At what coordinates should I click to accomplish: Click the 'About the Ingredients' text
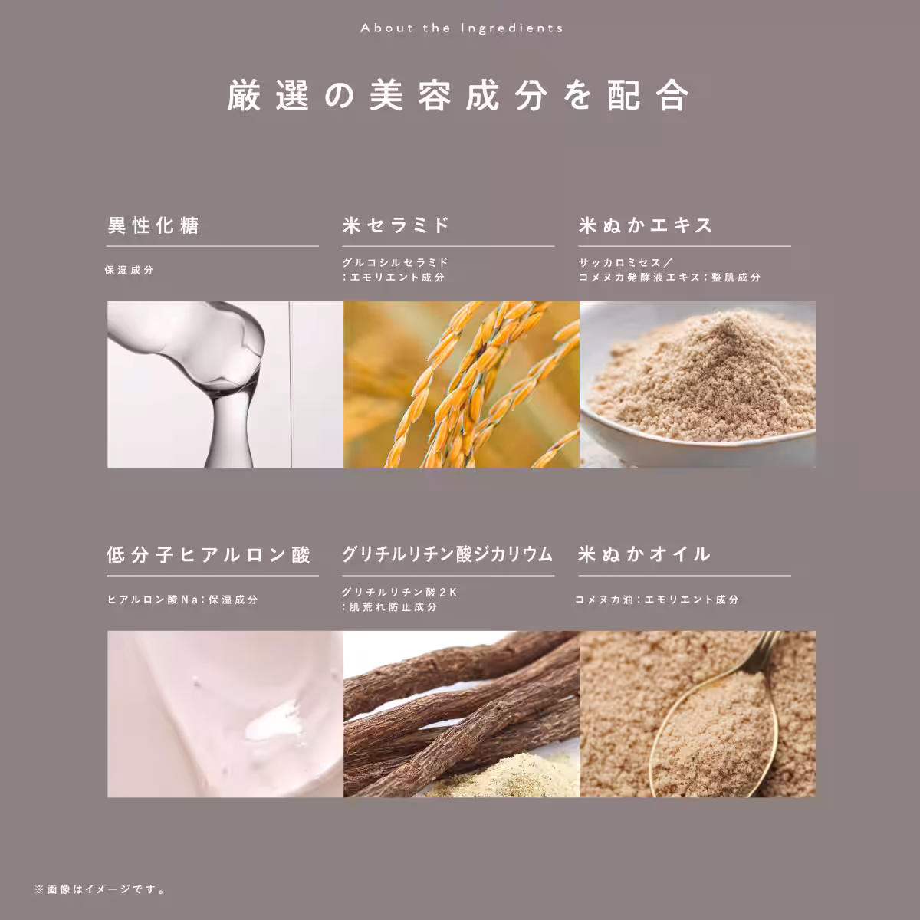click(x=461, y=28)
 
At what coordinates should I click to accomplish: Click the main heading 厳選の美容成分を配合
click(x=459, y=96)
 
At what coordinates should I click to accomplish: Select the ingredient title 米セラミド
click(x=396, y=225)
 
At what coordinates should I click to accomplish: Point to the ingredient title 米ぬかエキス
click(x=646, y=225)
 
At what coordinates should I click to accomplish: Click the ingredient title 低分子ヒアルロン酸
click(x=209, y=555)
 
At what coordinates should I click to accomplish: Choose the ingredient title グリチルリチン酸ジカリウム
click(x=448, y=555)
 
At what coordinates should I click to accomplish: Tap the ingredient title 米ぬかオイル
click(x=645, y=555)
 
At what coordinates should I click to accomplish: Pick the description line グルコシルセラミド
click(x=396, y=263)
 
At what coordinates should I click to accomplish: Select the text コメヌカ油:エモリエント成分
click(x=657, y=600)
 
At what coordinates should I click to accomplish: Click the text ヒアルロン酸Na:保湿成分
click(x=182, y=600)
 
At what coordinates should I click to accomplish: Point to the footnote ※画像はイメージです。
click(x=100, y=890)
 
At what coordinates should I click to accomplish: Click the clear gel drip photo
click(x=225, y=384)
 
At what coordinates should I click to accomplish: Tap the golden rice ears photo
click(x=461, y=384)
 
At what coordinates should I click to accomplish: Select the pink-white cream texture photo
click(x=225, y=714)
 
